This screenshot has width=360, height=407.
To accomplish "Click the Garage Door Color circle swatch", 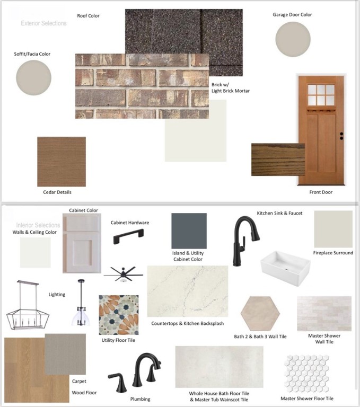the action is [293, 39].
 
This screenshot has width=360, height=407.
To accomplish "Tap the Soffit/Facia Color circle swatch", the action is [34, 77].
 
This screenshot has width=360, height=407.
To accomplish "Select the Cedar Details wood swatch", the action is [62, 162].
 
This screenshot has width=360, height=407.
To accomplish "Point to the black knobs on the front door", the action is [341, 136].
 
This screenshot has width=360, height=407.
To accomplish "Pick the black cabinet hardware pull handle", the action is [128, 236].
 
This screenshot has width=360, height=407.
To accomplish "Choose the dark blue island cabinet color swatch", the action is [189, 231].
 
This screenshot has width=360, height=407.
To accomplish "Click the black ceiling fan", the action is [124, 274].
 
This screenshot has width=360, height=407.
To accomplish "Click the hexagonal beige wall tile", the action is [260, 313].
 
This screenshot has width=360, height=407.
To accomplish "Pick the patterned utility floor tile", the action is [119, 315].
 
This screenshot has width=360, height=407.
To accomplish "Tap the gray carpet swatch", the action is [65, 355].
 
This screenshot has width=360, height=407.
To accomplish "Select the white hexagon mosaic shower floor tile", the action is [307, 374].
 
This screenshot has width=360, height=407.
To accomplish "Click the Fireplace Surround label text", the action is [333, 253].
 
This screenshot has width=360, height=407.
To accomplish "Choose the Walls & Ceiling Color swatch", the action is [36, 252].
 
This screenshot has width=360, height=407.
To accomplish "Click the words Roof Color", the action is [89, 16].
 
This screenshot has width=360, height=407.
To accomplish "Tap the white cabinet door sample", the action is [82, 243].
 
